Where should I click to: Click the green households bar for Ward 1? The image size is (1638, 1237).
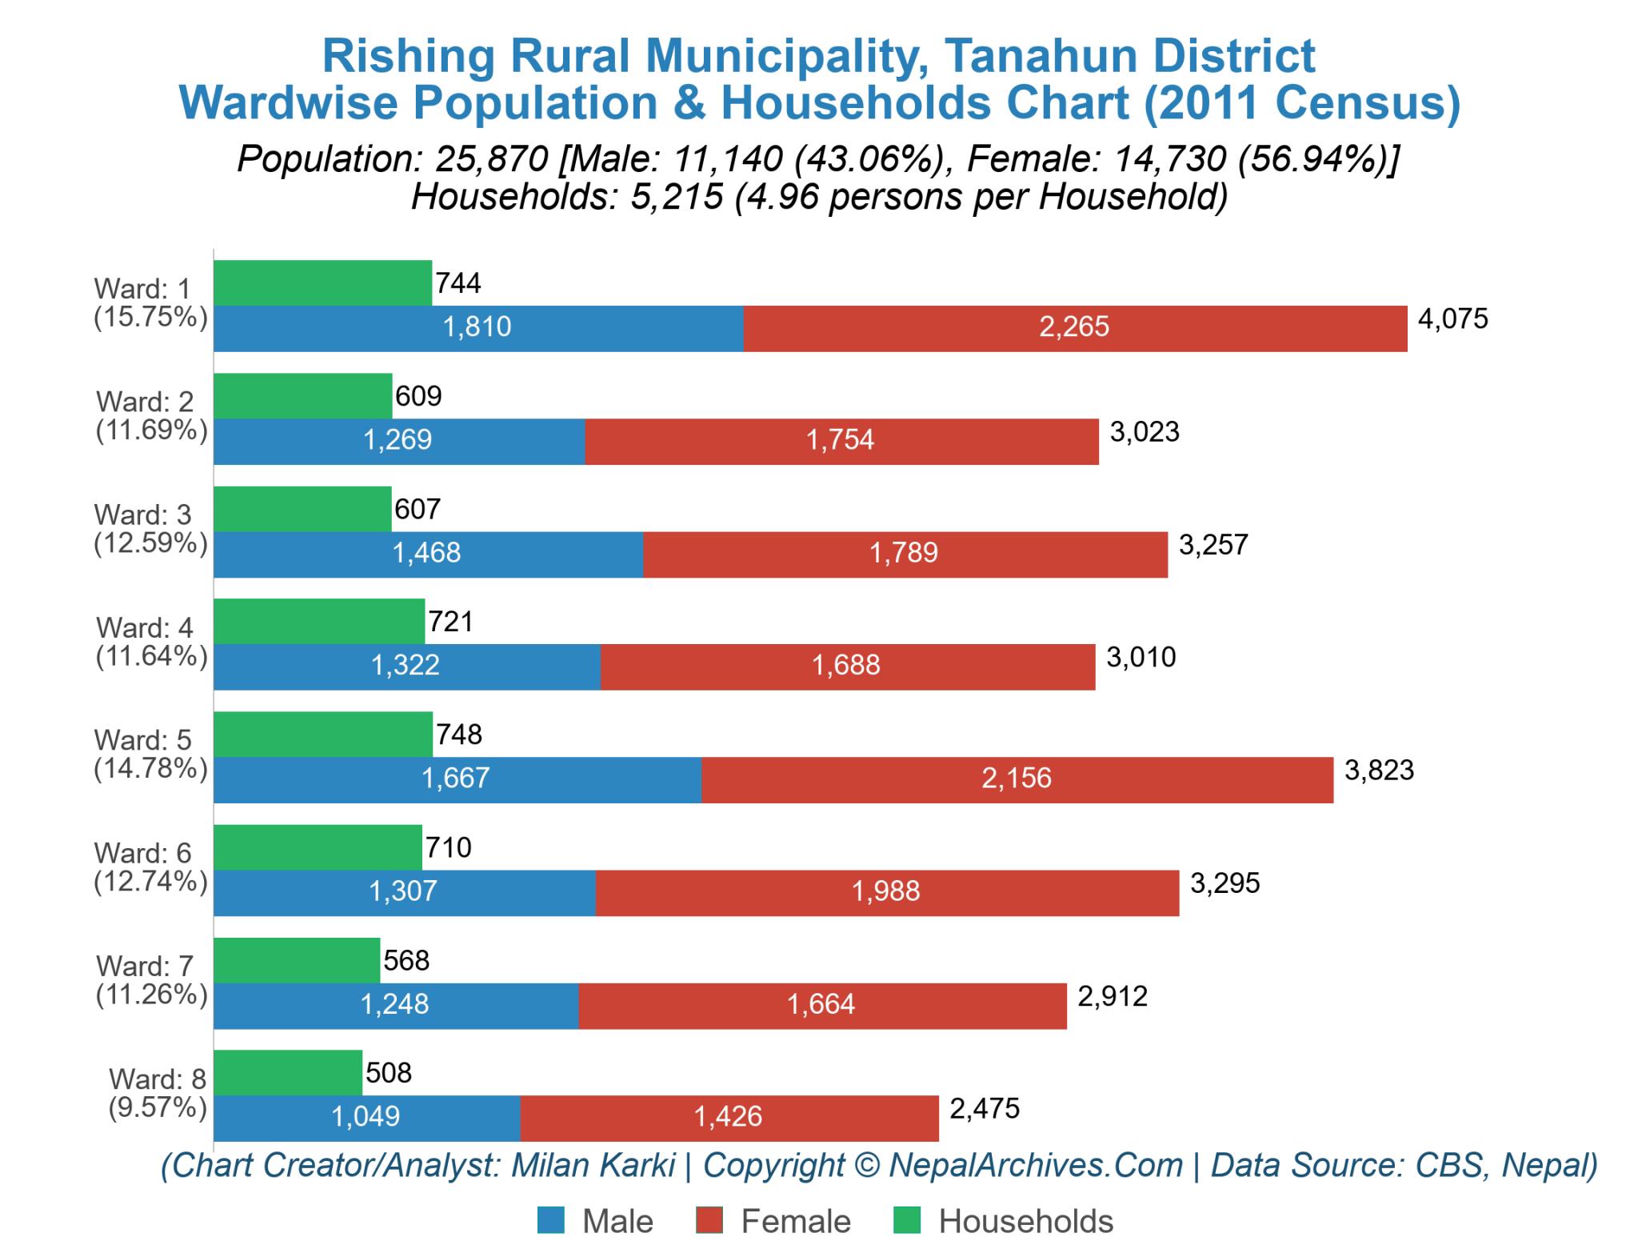(322, 282)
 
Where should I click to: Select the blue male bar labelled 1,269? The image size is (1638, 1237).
(398, 440)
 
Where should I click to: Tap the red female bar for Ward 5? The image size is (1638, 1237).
(1017, 779)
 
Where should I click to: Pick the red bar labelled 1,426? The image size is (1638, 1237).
(728, 1117)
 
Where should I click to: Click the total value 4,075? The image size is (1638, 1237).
(1452, 318)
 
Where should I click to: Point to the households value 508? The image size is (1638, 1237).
(388, 1072)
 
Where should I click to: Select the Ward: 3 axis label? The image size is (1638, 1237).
(143, 514)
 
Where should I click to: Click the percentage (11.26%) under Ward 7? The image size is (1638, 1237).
(151, 995)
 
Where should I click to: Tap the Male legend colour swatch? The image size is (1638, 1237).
(550, 1220)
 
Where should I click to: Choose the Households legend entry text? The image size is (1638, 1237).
(1025, 1221)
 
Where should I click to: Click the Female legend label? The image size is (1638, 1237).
(795, 1221)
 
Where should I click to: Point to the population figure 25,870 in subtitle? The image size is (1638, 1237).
(492, 159)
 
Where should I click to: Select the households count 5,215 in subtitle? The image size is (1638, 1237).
(677, 197)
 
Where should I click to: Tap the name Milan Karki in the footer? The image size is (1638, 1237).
(593, 1165)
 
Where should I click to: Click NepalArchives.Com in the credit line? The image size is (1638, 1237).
(1035, 1165)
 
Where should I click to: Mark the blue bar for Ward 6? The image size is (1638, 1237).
(404, 891)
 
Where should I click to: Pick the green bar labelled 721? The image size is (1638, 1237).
(318, 621)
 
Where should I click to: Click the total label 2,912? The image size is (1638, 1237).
(1112, 996)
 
